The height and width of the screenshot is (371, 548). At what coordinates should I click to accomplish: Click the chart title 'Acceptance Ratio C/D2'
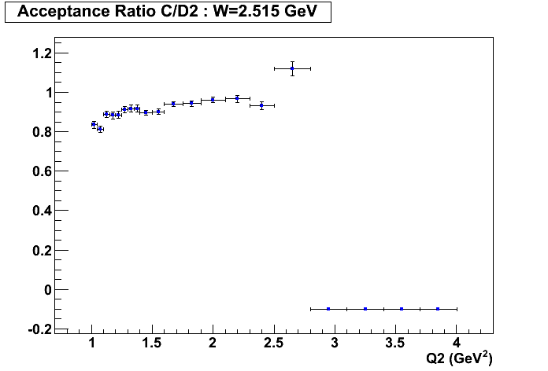[x=106, y=12]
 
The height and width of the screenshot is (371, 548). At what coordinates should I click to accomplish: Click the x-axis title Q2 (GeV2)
[x=459, y=358]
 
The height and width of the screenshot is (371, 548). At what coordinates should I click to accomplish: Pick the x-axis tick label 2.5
[x=274, y=343]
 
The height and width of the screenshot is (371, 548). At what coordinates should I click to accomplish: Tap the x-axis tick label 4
[x=457, y=343]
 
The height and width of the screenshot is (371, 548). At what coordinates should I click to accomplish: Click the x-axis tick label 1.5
[x=153, y=343]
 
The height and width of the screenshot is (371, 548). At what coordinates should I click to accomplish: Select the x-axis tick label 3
[x=335, y=343]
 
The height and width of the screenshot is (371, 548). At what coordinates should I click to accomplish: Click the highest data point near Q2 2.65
[x=292, y=68]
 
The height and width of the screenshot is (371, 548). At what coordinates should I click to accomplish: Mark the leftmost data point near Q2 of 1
[x=94, y=124]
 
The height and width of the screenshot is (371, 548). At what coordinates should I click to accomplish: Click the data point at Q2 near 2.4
[x=261, y=105]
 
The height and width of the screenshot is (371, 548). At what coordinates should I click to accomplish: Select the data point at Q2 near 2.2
[x=237, y=98]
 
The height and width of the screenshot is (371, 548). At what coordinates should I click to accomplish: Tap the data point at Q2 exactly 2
[x=213, y=100]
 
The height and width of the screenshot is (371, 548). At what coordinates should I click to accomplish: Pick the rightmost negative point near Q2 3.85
[x=438, y=309]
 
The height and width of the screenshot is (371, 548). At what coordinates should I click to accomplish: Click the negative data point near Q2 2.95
[x=328, y=309]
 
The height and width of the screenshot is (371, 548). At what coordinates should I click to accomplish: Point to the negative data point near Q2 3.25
[x=365, y=309]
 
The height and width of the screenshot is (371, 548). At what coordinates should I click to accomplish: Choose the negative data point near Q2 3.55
[x=402, y=309]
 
